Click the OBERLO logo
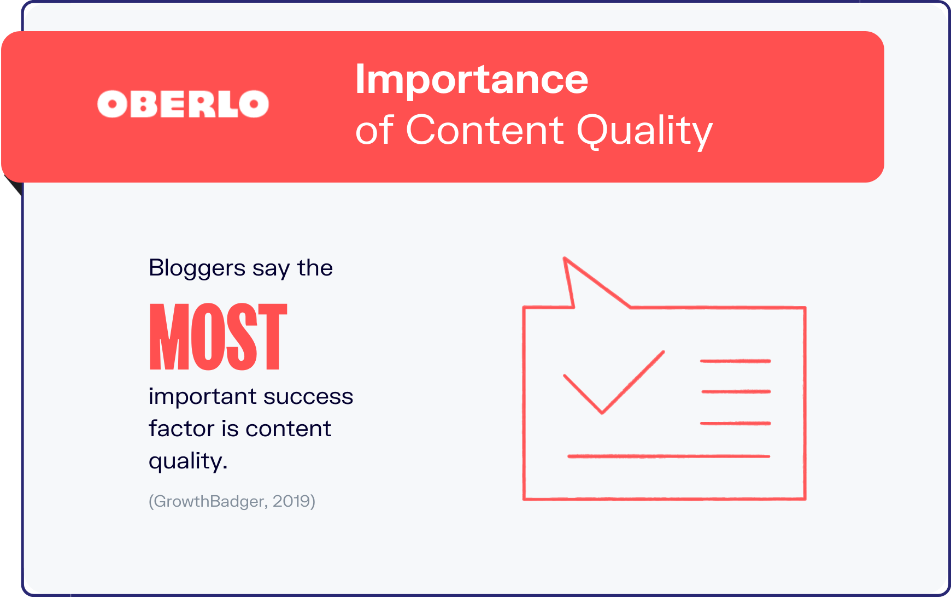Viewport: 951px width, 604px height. [183, 104]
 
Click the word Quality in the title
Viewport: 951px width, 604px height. [645, 131]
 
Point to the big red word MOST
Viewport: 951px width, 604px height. [218, 337]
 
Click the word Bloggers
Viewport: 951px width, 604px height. [197, 268]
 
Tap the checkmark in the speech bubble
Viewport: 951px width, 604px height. [614, 382]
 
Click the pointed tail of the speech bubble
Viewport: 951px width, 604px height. [565, 259]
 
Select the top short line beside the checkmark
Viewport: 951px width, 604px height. [735, 361]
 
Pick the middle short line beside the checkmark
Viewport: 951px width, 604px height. [736, 391]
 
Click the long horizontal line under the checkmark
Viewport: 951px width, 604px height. [668, 456]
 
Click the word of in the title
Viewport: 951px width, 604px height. [374, 130]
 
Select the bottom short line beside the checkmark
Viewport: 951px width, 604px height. [735, 423]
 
